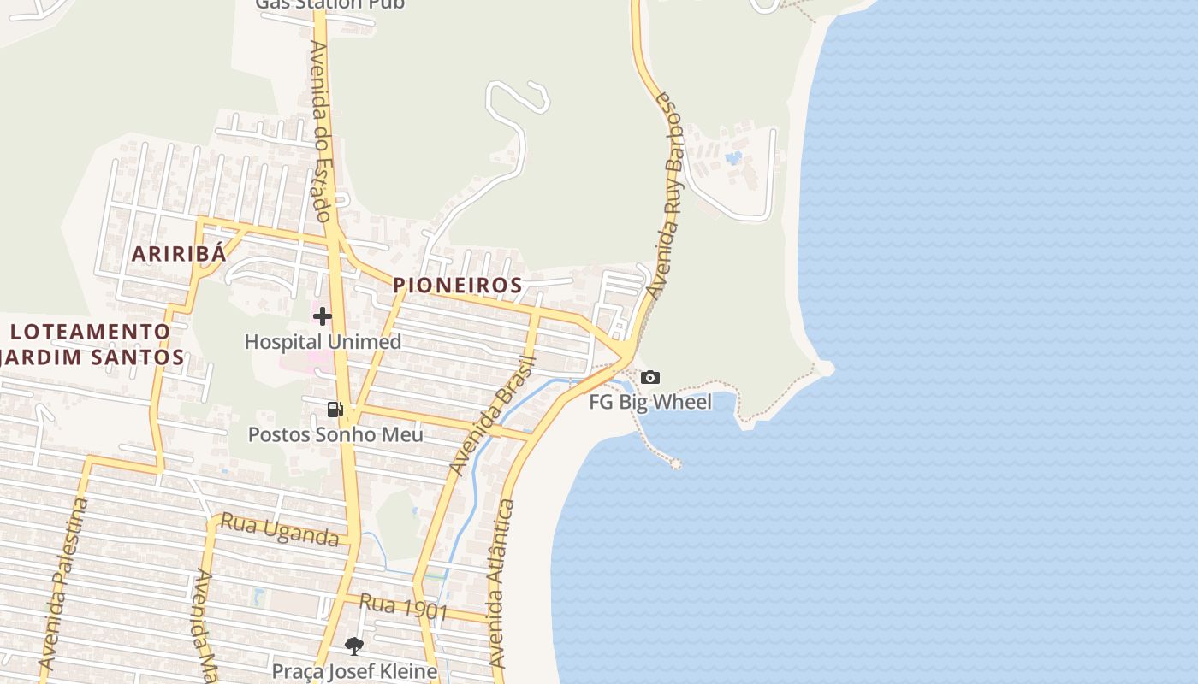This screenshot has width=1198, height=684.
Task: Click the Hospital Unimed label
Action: tap(323, 342)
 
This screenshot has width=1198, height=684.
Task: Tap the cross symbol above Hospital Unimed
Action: tap(322, 316)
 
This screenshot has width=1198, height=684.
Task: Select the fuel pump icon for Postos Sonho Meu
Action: tap(335, 410)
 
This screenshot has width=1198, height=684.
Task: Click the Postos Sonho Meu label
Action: tap(335, 434)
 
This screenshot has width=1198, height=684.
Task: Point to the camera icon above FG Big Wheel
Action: tap(650, 377)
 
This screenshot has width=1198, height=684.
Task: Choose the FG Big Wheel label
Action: tap(650, 402)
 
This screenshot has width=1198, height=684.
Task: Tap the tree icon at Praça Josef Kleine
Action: tap(354, 646)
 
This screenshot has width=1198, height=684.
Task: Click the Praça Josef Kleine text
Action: tap(354, 671)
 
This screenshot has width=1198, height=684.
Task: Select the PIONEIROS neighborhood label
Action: tap(457, 286)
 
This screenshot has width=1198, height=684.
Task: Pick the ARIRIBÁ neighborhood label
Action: tap(179, 254)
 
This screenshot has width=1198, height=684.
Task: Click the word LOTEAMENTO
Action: tap(91, 332)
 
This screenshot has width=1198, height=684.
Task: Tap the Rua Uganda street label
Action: tap(280, 529)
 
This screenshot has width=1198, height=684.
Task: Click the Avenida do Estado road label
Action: tap(320, 131)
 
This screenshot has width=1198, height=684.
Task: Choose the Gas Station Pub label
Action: tap(330, 4)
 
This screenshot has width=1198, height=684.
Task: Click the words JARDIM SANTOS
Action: tap(92, 357)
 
